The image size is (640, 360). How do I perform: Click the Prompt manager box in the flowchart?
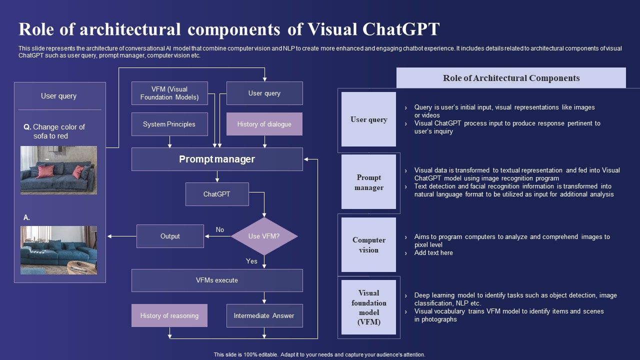217,159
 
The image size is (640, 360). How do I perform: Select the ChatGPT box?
216,194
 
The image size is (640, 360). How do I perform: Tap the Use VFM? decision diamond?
264,236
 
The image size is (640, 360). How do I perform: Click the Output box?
170,236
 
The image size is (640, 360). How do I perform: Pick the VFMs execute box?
217,280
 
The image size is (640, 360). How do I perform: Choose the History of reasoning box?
169,315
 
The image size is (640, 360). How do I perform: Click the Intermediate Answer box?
264,315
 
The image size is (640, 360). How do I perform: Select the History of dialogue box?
264,124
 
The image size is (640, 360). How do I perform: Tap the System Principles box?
169,124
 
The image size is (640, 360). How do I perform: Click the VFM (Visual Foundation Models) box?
169,93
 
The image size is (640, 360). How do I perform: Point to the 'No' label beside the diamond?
220,229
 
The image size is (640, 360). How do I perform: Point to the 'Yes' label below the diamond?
251,261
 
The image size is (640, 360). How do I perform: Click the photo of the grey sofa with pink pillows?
58,170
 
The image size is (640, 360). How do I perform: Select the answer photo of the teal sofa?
58,250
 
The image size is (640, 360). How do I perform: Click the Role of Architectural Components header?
511,78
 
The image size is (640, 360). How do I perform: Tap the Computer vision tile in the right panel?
368,245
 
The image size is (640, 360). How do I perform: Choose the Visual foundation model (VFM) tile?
368,307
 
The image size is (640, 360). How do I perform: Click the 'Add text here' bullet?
433,253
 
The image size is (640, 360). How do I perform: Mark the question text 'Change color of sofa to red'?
58,131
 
